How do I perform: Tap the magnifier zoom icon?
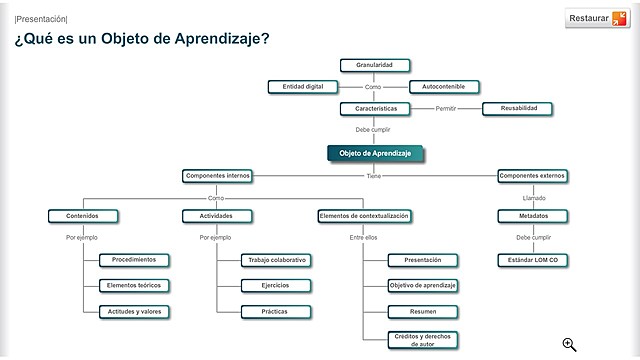coord(569,344)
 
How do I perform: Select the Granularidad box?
coord(374,65)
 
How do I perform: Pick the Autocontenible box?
coord(444,87)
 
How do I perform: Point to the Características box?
coord(374,108)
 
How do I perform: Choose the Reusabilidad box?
coord(517,108)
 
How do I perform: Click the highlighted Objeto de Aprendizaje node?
coord(376,154)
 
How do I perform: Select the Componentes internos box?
coord(217,176)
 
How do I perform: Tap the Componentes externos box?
coord(532,176)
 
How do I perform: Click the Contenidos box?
coord(83,215)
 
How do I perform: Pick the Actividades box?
coord(216,215)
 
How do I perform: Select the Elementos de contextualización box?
coord(365,215)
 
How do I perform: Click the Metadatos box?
coord(533,215)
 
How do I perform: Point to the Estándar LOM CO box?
coord(533,260)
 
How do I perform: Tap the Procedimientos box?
coord(134,260)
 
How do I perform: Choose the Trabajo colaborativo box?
coord(276,260)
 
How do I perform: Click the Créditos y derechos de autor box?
coord(423,339)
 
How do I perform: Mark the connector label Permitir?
coord(446,108)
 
